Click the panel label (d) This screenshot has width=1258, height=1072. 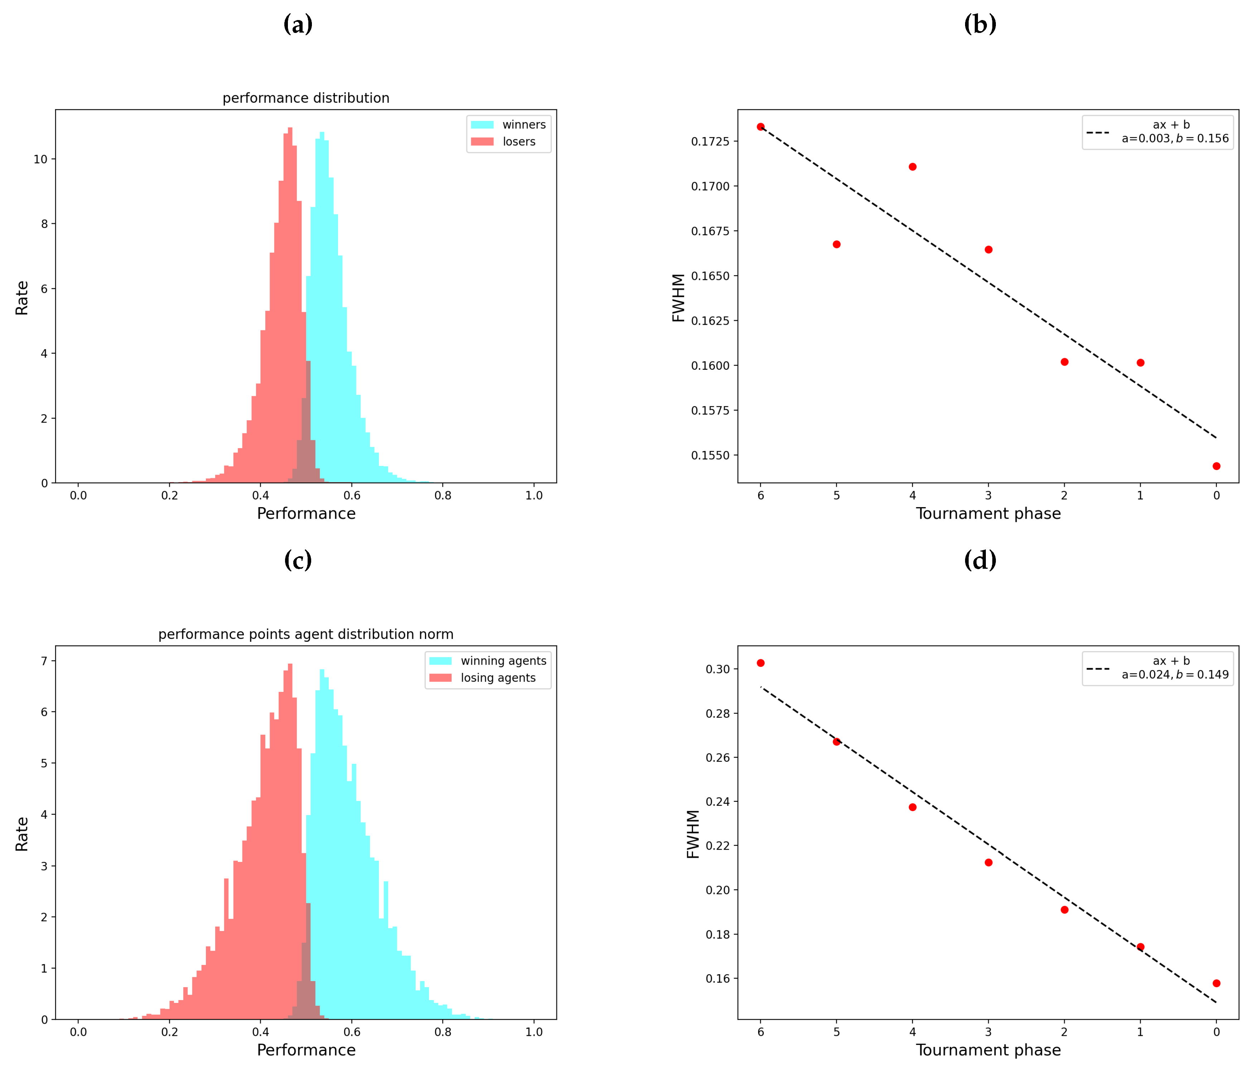980,560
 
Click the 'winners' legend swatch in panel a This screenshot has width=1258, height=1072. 482,125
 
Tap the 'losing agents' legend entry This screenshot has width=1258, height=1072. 498,678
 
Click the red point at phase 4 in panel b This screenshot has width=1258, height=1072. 912,167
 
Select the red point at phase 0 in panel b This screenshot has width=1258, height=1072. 1216,466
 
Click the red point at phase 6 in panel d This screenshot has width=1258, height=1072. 761,663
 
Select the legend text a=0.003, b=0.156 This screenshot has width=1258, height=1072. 1175,139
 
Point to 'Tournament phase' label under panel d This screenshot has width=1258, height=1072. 988,1050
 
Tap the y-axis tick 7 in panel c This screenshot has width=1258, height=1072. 44,661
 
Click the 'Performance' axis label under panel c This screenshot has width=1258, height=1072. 306,1050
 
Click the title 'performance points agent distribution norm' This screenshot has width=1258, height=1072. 306,634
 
